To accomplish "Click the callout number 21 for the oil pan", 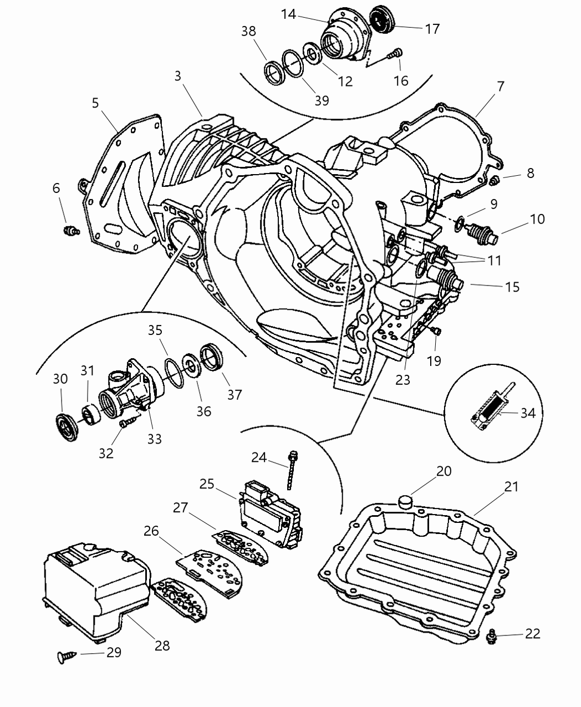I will (x=511, y=486).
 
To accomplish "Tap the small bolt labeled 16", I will (x=396, y=54).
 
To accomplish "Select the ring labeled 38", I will (x=273, y=72).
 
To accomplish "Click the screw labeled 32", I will (x=125, y=424).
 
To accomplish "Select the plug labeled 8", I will (x=496, y=179).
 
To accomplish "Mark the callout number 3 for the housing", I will (x=177, y=75).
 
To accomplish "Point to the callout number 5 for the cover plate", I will (x=95, y=103).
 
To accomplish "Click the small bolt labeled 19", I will (x=436, y=332).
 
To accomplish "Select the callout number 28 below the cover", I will (x=162, y=645).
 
